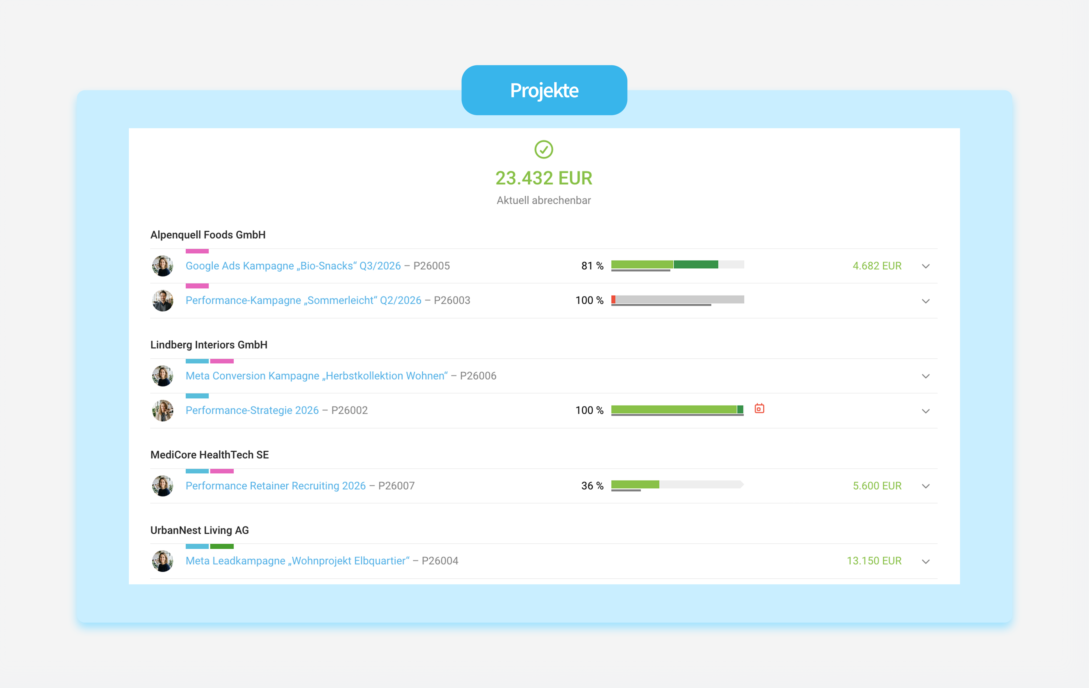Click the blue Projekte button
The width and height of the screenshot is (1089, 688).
click(544, 90)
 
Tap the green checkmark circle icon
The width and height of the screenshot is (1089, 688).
click(544, 149)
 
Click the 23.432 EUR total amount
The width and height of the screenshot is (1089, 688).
click(544, 178)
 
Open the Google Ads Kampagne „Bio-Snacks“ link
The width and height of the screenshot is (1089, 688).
click(293, 266)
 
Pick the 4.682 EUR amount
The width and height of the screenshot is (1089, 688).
click(877, 266)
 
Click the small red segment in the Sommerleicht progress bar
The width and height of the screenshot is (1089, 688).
click(613, 299)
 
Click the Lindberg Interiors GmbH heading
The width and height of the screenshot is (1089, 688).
click(209, 345)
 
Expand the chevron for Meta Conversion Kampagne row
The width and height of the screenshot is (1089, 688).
click(926, 376)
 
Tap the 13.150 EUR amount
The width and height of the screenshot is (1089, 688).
click(874, 561)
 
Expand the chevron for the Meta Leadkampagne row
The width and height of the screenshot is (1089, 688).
click(926, 561)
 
